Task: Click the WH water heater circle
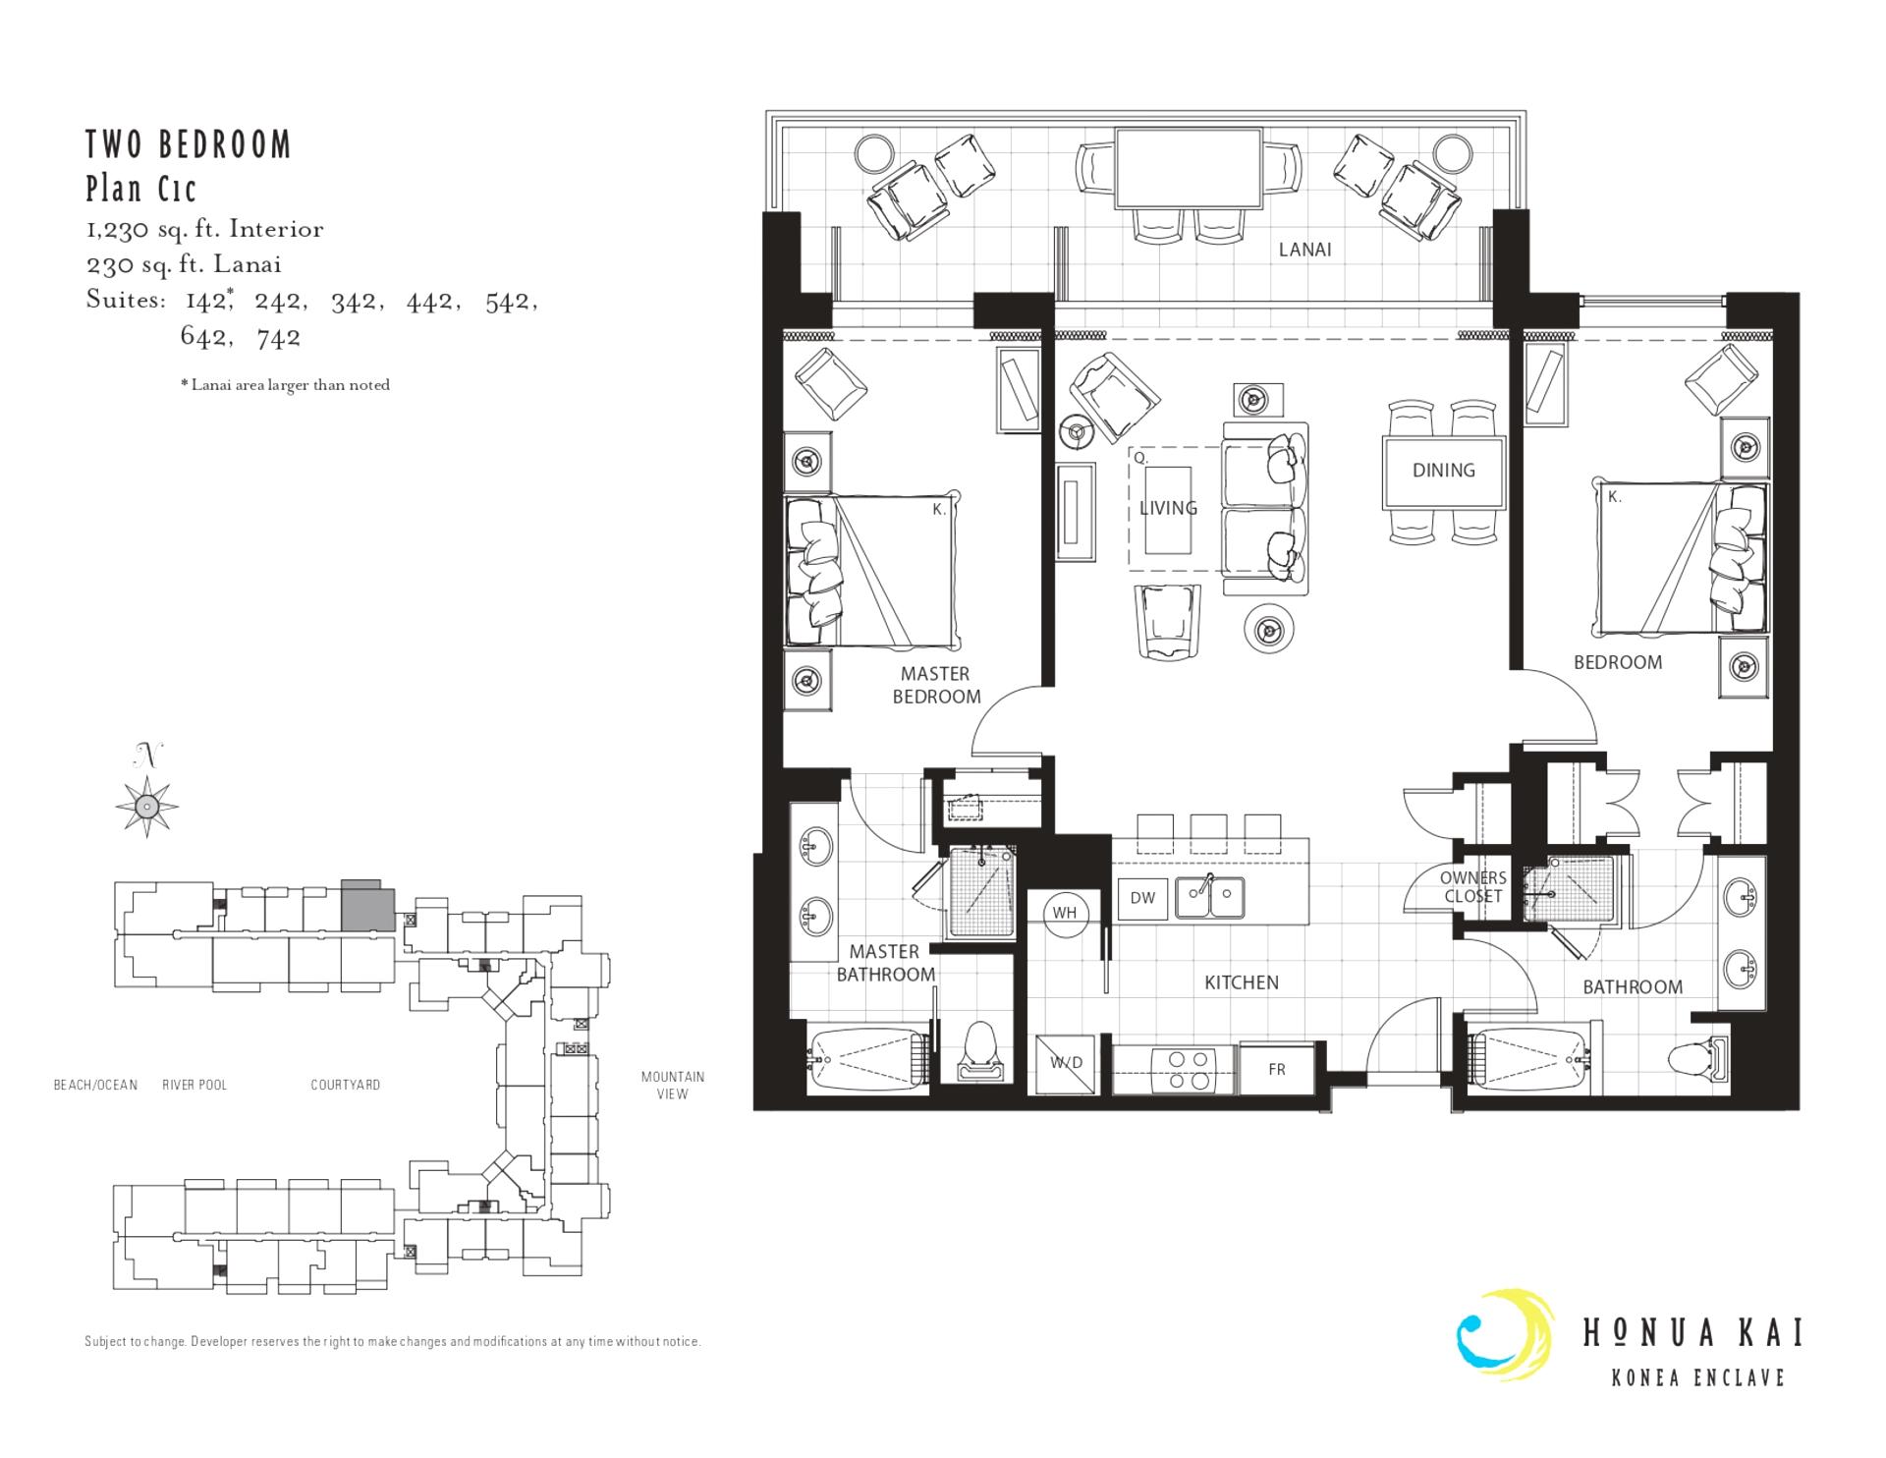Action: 1065,913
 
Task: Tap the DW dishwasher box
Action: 1142,898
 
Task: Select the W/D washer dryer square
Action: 1067,1063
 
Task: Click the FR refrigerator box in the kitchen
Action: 1277,1069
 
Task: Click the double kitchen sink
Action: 1211,896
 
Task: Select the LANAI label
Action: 1304,250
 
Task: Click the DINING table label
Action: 1443,471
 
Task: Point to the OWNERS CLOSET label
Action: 1472,887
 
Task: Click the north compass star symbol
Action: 147,807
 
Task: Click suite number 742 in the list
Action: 278,338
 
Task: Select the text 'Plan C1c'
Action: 141,188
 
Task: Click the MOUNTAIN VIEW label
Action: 672,1085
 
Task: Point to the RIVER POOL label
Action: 194,1085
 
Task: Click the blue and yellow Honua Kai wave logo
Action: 1506,1335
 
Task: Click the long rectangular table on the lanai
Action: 1189,168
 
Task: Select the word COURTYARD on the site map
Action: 345,1085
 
